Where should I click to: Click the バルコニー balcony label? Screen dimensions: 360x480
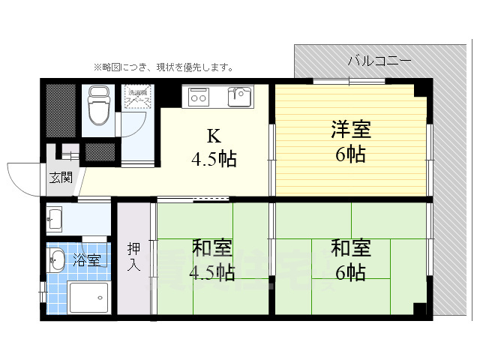[x=379, y=61]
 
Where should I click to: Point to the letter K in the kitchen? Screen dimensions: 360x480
[x=214, y=136]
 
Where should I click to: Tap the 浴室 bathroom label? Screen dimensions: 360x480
[x=87, y=260]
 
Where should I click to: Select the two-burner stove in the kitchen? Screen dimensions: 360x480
[x=199, y=95]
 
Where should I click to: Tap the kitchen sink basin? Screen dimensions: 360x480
[x=240, y=97]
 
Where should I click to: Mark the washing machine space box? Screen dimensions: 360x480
[x=138, y=98]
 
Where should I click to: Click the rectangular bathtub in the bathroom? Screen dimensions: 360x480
[x=88, y=298]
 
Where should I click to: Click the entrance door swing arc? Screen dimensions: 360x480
[x=20, y=177]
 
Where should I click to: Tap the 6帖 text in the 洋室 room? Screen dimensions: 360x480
[x=350, y=154]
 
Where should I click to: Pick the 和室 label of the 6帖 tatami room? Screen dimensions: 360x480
[x=350, y=247]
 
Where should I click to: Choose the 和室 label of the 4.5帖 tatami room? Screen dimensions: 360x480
[x=212, y=247]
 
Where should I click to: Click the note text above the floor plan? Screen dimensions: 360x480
[x=163, y=67]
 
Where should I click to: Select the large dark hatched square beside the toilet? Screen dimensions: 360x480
[x=61, y=110]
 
